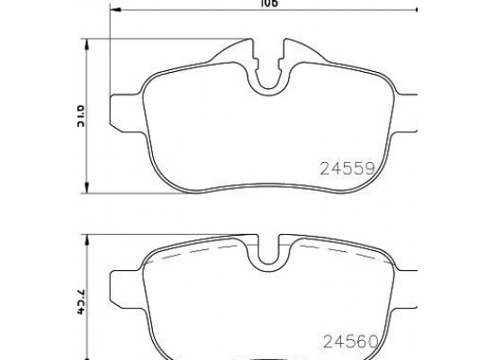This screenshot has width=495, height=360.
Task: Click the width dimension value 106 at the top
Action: click(267, 4)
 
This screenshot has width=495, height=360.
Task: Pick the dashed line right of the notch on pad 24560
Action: click(328, 246)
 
